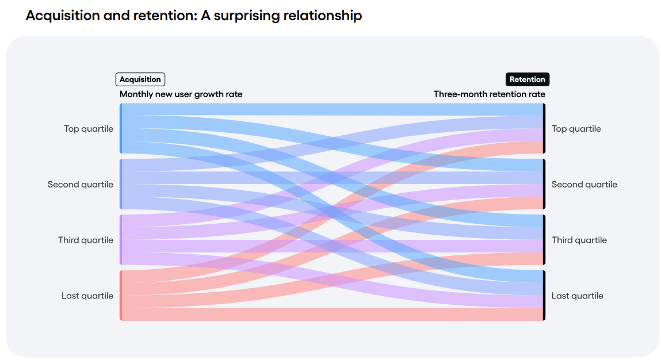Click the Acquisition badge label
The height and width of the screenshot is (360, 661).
[x=140, y=79]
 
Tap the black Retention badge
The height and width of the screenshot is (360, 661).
[x=527, y=79]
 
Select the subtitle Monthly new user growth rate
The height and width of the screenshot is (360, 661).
[x=181, y=94]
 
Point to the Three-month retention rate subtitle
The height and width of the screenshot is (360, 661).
[x=489, y=94]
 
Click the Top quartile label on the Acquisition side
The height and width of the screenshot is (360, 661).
[x=89, y=129]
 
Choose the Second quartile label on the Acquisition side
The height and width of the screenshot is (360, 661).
[x=81, y=185]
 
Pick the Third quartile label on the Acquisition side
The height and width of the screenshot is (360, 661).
[x=86, y=240]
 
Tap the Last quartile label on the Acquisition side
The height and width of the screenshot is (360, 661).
[x=87, y=296]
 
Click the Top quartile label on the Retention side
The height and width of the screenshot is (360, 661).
[x=576, y=129]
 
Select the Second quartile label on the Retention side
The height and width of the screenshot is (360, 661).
[x=584, y=185]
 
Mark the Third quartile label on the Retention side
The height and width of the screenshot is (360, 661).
[x=579, y=240]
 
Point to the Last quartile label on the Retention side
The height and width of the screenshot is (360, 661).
[x=577, y=296]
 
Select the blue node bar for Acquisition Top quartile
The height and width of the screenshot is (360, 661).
[x=121, y=128]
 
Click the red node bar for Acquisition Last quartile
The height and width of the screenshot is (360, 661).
[x=121, y=295]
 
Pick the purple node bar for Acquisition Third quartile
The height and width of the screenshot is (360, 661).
[x=121, y=240]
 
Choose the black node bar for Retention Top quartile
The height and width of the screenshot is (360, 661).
[x=544, y=128]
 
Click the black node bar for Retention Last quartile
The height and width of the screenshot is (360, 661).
[x=544, y=295]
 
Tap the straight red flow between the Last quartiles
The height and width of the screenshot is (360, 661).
[x=333, y=315]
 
